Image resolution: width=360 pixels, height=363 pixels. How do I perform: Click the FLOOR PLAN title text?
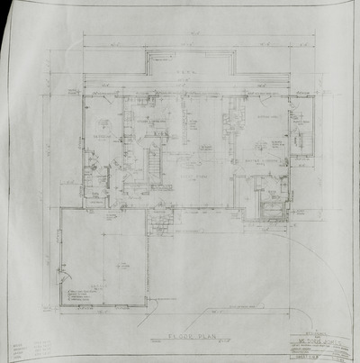point(185,332)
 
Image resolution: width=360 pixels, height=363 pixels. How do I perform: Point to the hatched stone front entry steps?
point(163,217)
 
